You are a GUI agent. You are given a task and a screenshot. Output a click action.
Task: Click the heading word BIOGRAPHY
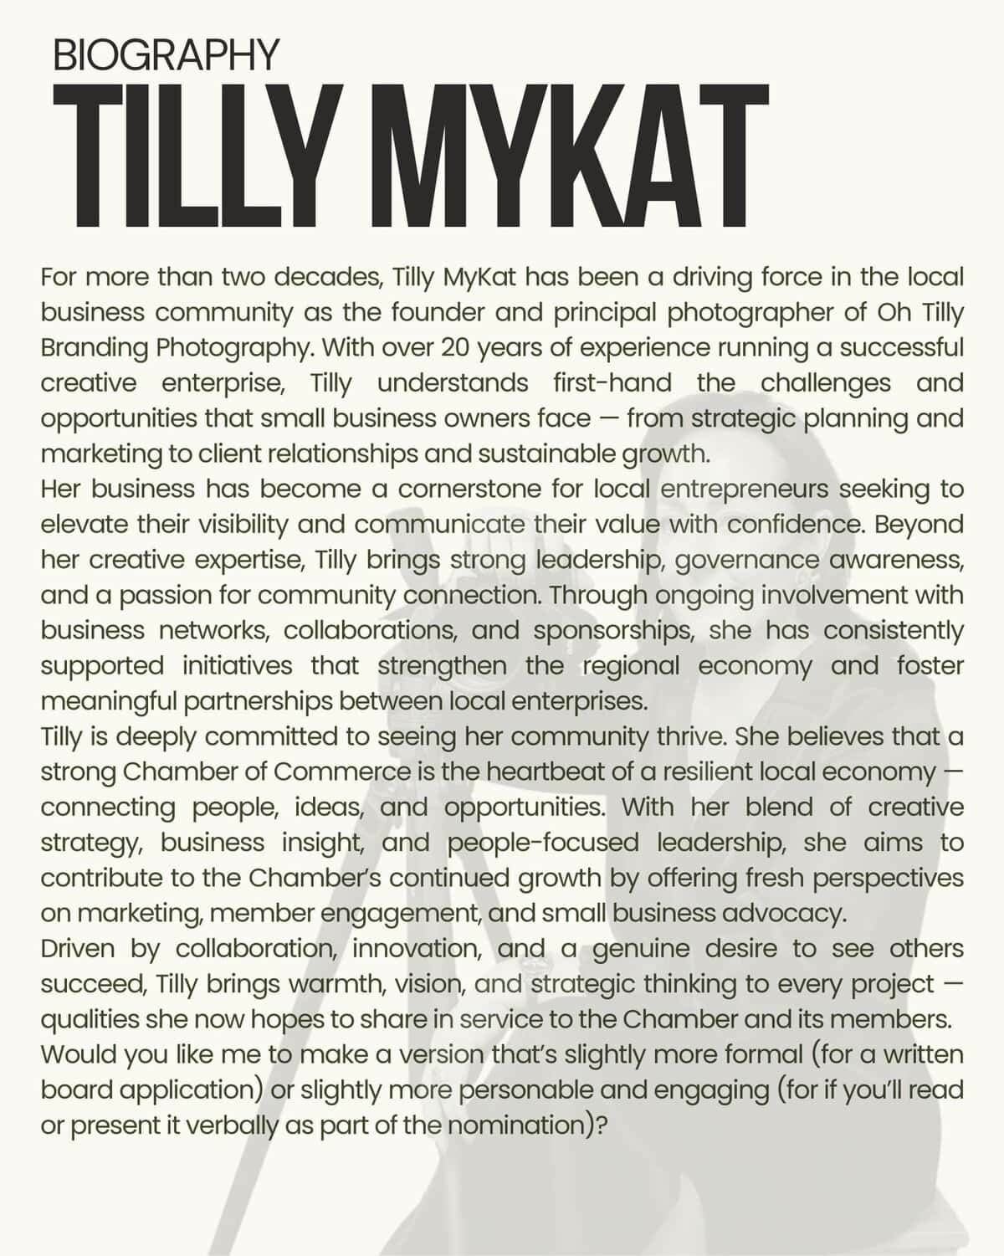click(165, 55)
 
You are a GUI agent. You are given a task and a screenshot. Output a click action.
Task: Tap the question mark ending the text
click(600, 1125)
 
